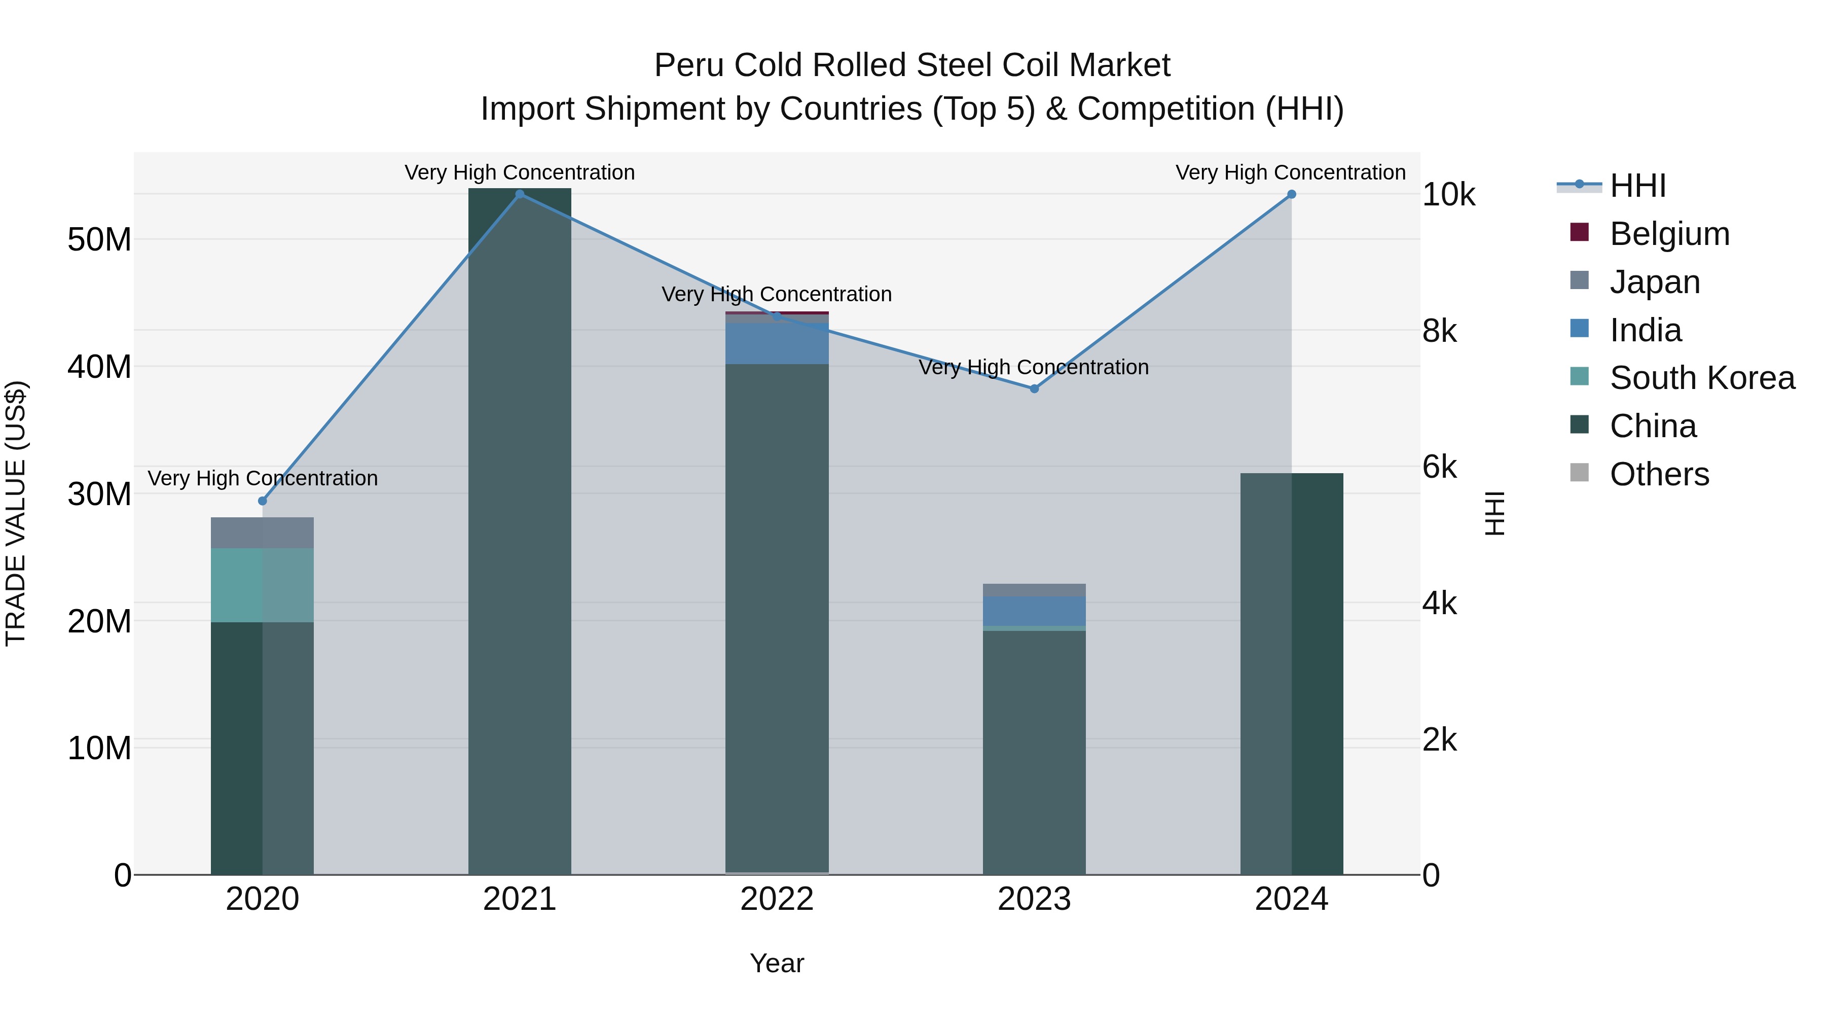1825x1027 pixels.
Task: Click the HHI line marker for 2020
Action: pos(262,501)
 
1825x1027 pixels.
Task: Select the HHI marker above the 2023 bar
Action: pos(1034,388)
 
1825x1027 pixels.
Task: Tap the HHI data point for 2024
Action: pos(1291,194)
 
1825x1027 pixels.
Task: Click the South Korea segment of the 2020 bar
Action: pos(262,585)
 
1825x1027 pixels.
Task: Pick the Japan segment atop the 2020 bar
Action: pos(262,533)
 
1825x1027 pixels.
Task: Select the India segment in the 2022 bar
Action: pos(777,344)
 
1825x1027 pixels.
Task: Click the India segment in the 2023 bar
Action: pos(1034,611)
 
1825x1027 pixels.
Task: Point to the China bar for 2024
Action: pos(1291,674)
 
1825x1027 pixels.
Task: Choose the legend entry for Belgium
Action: pos(1669,234)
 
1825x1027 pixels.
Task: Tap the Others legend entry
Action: pos(1659,474)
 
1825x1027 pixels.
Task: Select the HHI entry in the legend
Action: pos(1637,186)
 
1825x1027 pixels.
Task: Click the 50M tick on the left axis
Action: pos(99,239)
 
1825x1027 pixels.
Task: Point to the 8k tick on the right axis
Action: pos(1440,331)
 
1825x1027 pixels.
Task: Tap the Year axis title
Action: pos(777,963)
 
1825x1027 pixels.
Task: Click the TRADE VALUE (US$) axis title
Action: pos(16,513)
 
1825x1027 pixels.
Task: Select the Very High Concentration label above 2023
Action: pos(1034,367)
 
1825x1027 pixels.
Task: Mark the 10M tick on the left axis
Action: pos(99,748)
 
